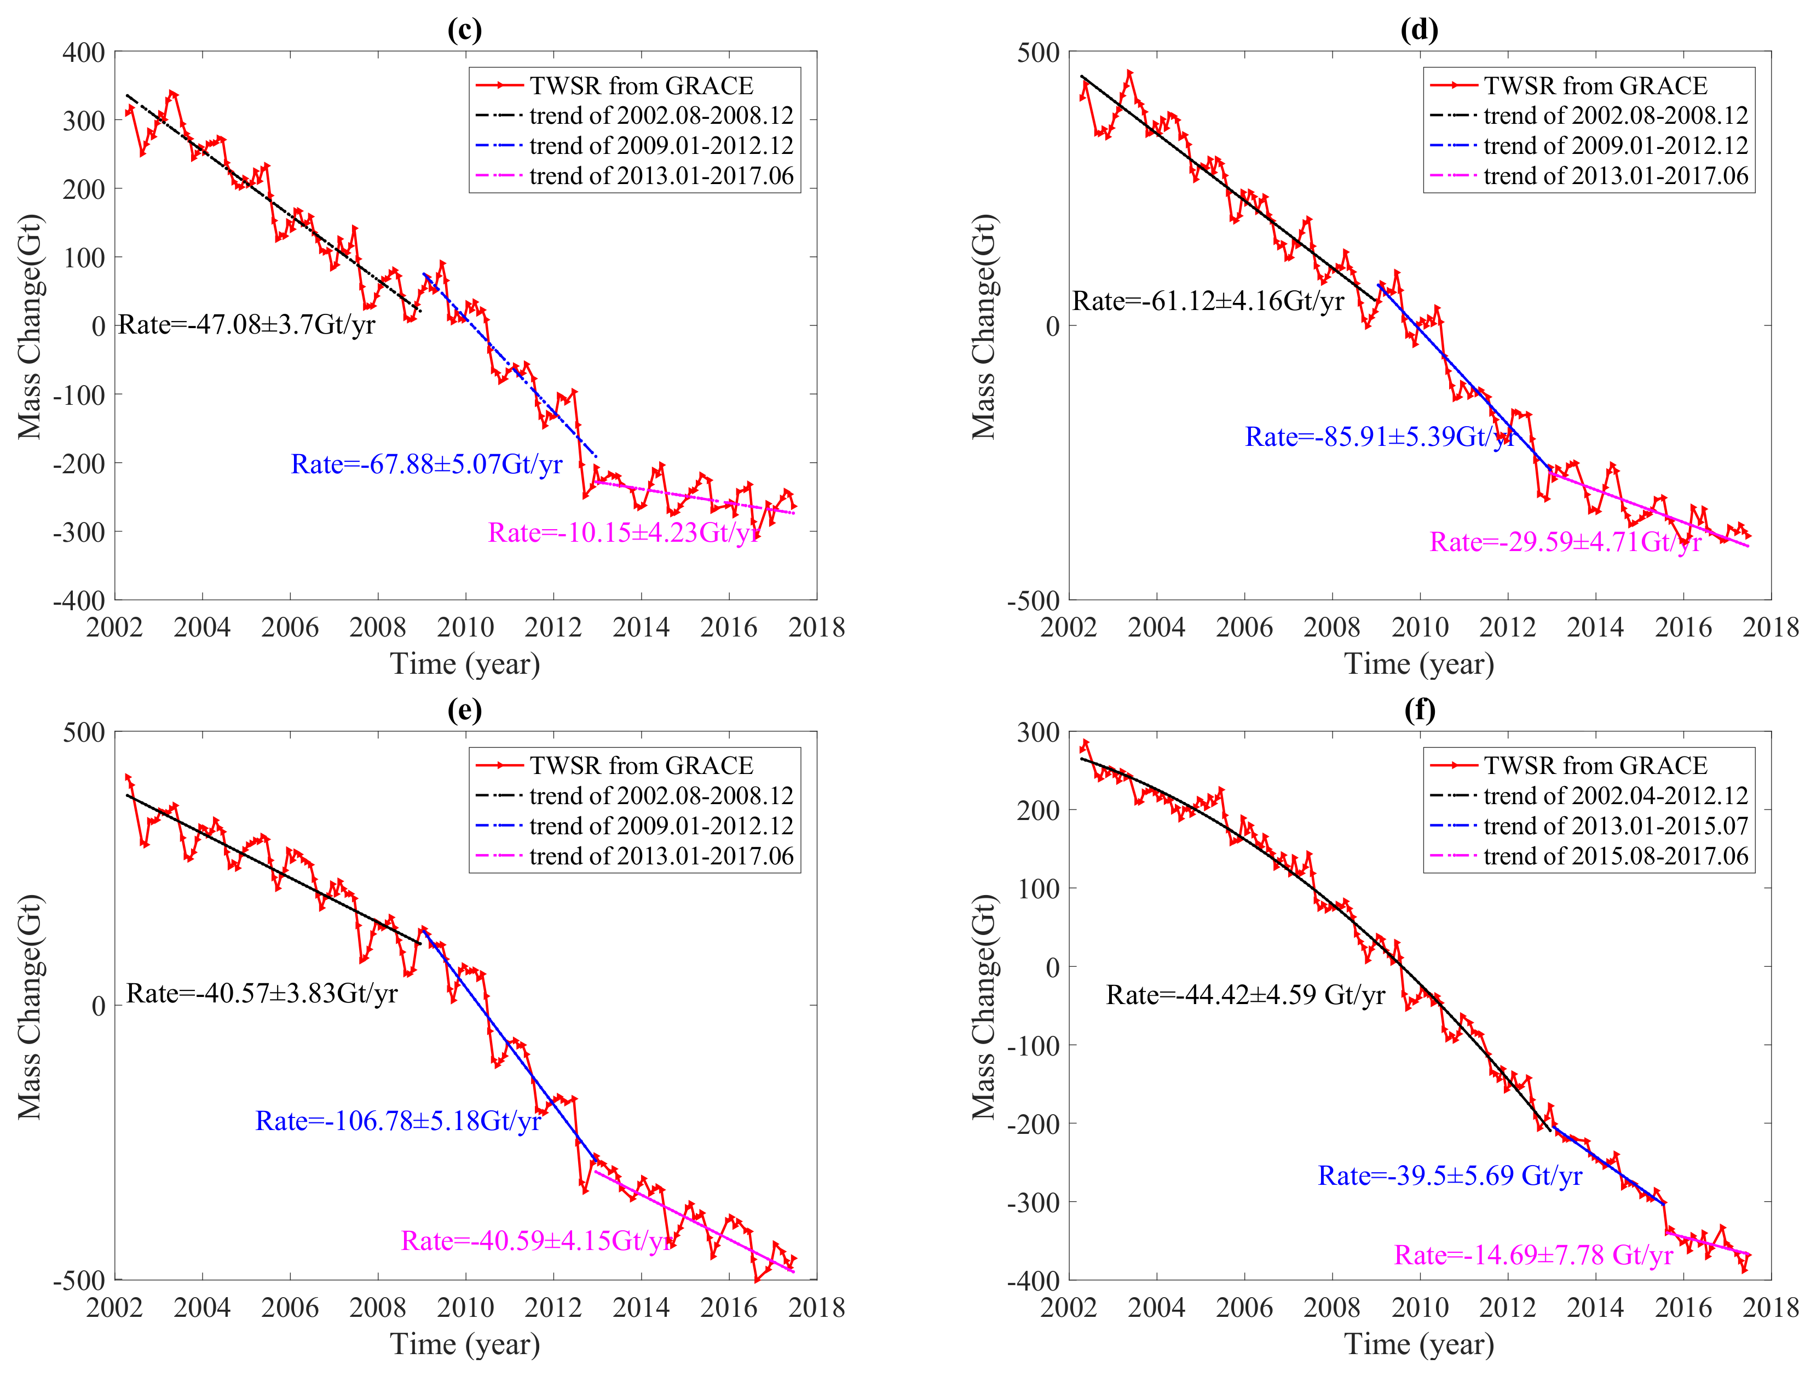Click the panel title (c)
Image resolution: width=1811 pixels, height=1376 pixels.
pyautogui.click(x=464, y=30)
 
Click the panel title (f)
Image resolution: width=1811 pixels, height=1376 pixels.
pyautogui.click(x=1420, y=709)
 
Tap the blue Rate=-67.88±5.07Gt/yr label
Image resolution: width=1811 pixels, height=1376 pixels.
pyautogui.click(x=426, y=465)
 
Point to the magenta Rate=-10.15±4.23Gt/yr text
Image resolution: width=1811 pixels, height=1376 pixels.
pyautogui.click(x=624, y=533)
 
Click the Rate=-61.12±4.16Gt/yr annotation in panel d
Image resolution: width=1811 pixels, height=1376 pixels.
pyautogui.click(x=1208, y=301)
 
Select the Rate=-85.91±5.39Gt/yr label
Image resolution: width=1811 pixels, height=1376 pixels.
pyautogui.click(x=1380, y=437)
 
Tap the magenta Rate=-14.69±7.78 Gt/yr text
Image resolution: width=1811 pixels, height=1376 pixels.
pyautogui.click(x=1533, y=1255)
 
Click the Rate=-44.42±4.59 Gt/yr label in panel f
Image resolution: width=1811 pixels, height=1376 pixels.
pyautogui.click(x=1245, y=995)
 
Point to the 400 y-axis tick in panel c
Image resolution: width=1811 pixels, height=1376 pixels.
pyautogui.click(x=84, y=53)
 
